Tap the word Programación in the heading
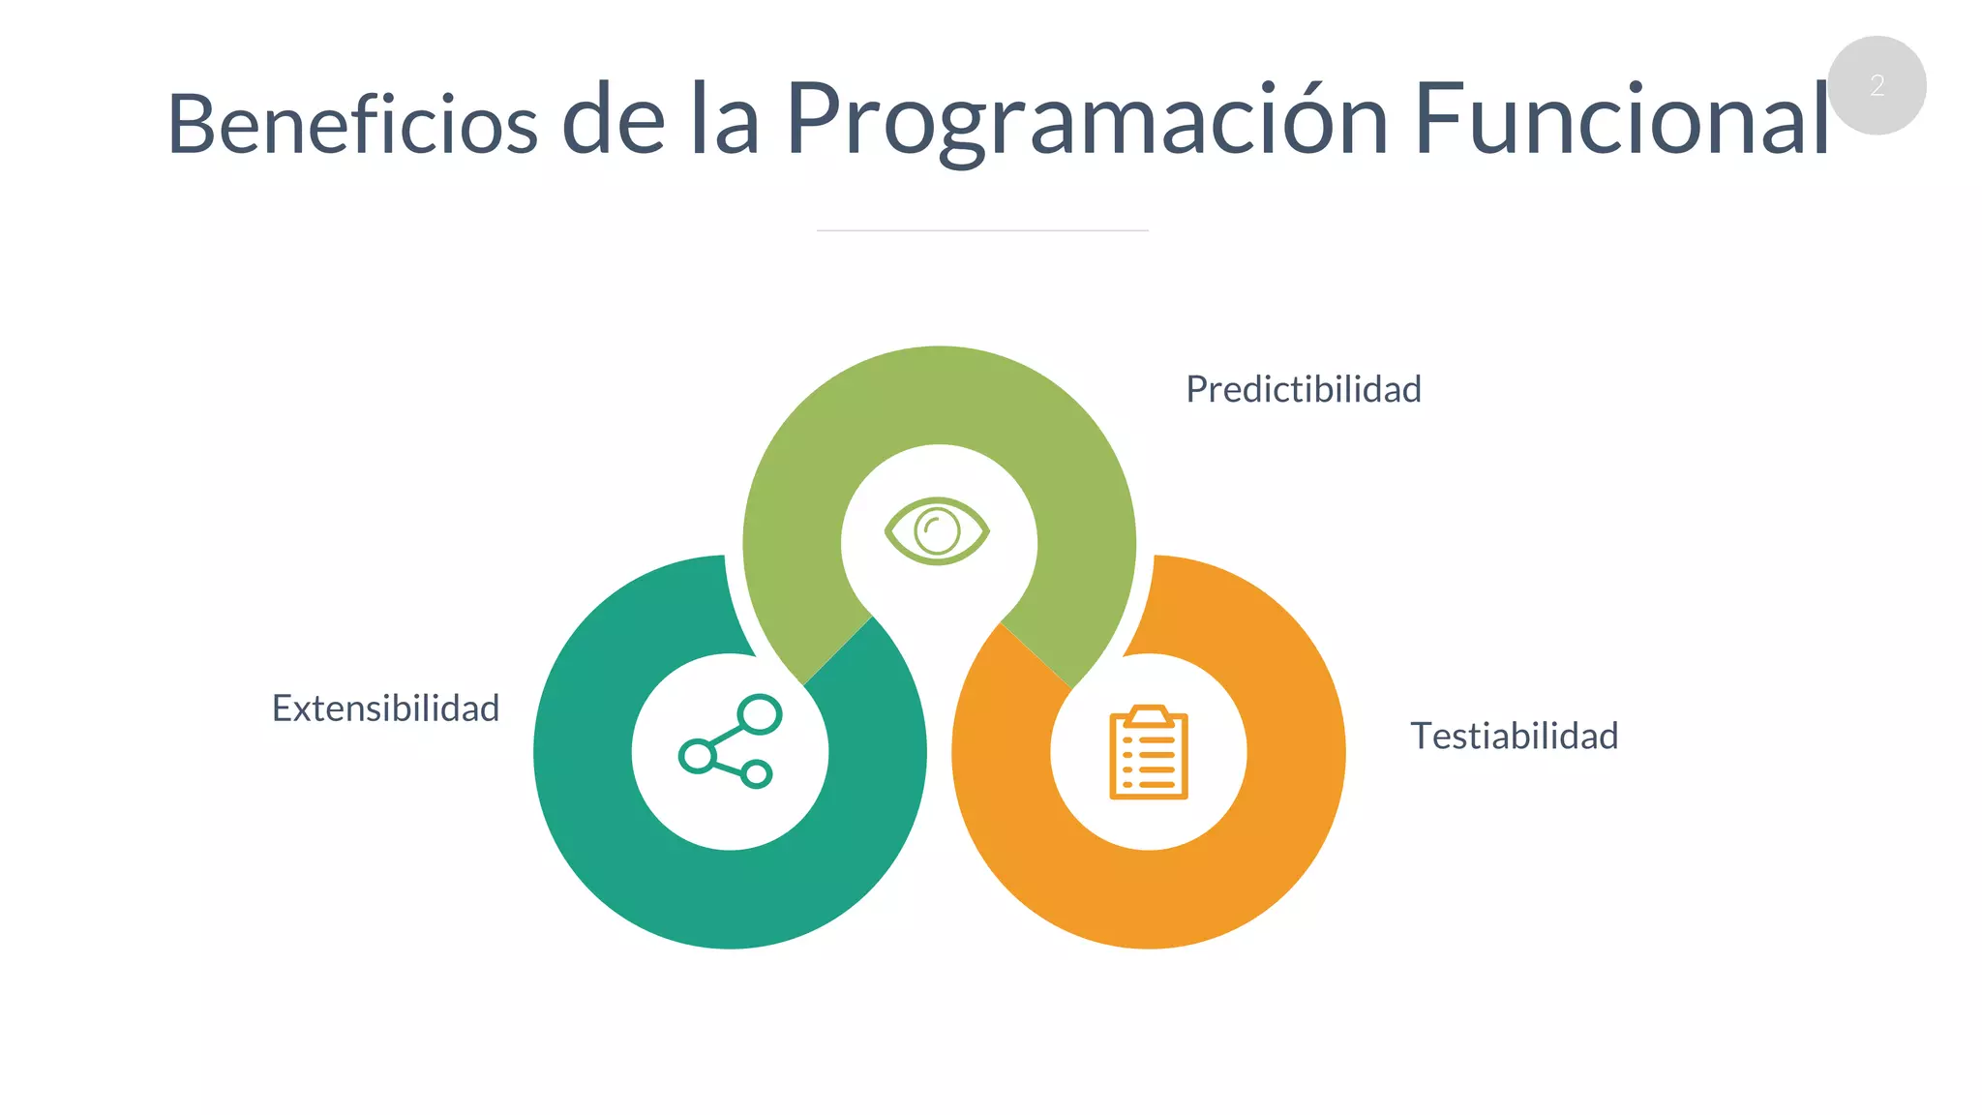(x=1086, y=120)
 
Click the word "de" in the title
(x=614, y=120)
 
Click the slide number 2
(x=1877, y=85)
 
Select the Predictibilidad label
(x=1303, y=389)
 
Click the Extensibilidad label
(x=385, y=708)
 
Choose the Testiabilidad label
(x=1514, y=736)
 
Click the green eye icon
(x=937, y=530)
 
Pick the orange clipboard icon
(x=1148, y=753)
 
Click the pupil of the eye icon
(x=937, y=531)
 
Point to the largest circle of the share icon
(x=760, y=714)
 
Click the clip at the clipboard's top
(x=1149, y=715)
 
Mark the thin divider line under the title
(x=982, y=230)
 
